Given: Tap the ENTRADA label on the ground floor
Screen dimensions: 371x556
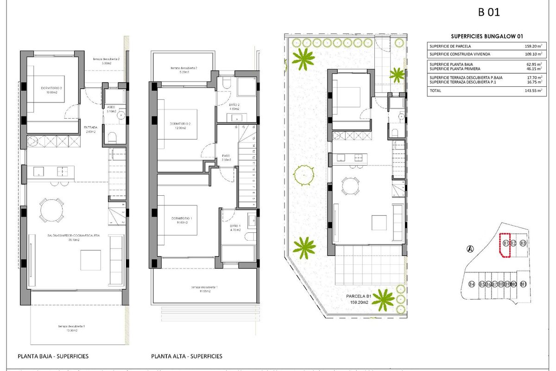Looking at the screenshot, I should tap(91, 127).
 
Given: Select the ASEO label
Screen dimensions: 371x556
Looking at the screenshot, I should tap(111, 107).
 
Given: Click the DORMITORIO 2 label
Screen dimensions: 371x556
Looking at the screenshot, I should tap(181, 124).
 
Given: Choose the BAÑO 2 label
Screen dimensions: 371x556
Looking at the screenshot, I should tap(234, 105).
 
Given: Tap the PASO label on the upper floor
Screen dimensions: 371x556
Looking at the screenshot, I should tap(226, 156).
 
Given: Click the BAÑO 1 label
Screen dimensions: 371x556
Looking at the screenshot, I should tap(235, 226).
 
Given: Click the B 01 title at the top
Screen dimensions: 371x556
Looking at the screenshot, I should tap(488, 13).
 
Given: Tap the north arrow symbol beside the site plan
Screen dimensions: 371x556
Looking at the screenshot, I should tap(470, 249).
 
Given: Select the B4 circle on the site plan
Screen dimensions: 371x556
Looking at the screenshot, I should tap(472, 284).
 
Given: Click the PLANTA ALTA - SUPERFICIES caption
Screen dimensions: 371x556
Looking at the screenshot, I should tap(187, 356).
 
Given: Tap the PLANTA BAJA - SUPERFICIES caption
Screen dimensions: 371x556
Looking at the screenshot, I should tap(53, 356).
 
